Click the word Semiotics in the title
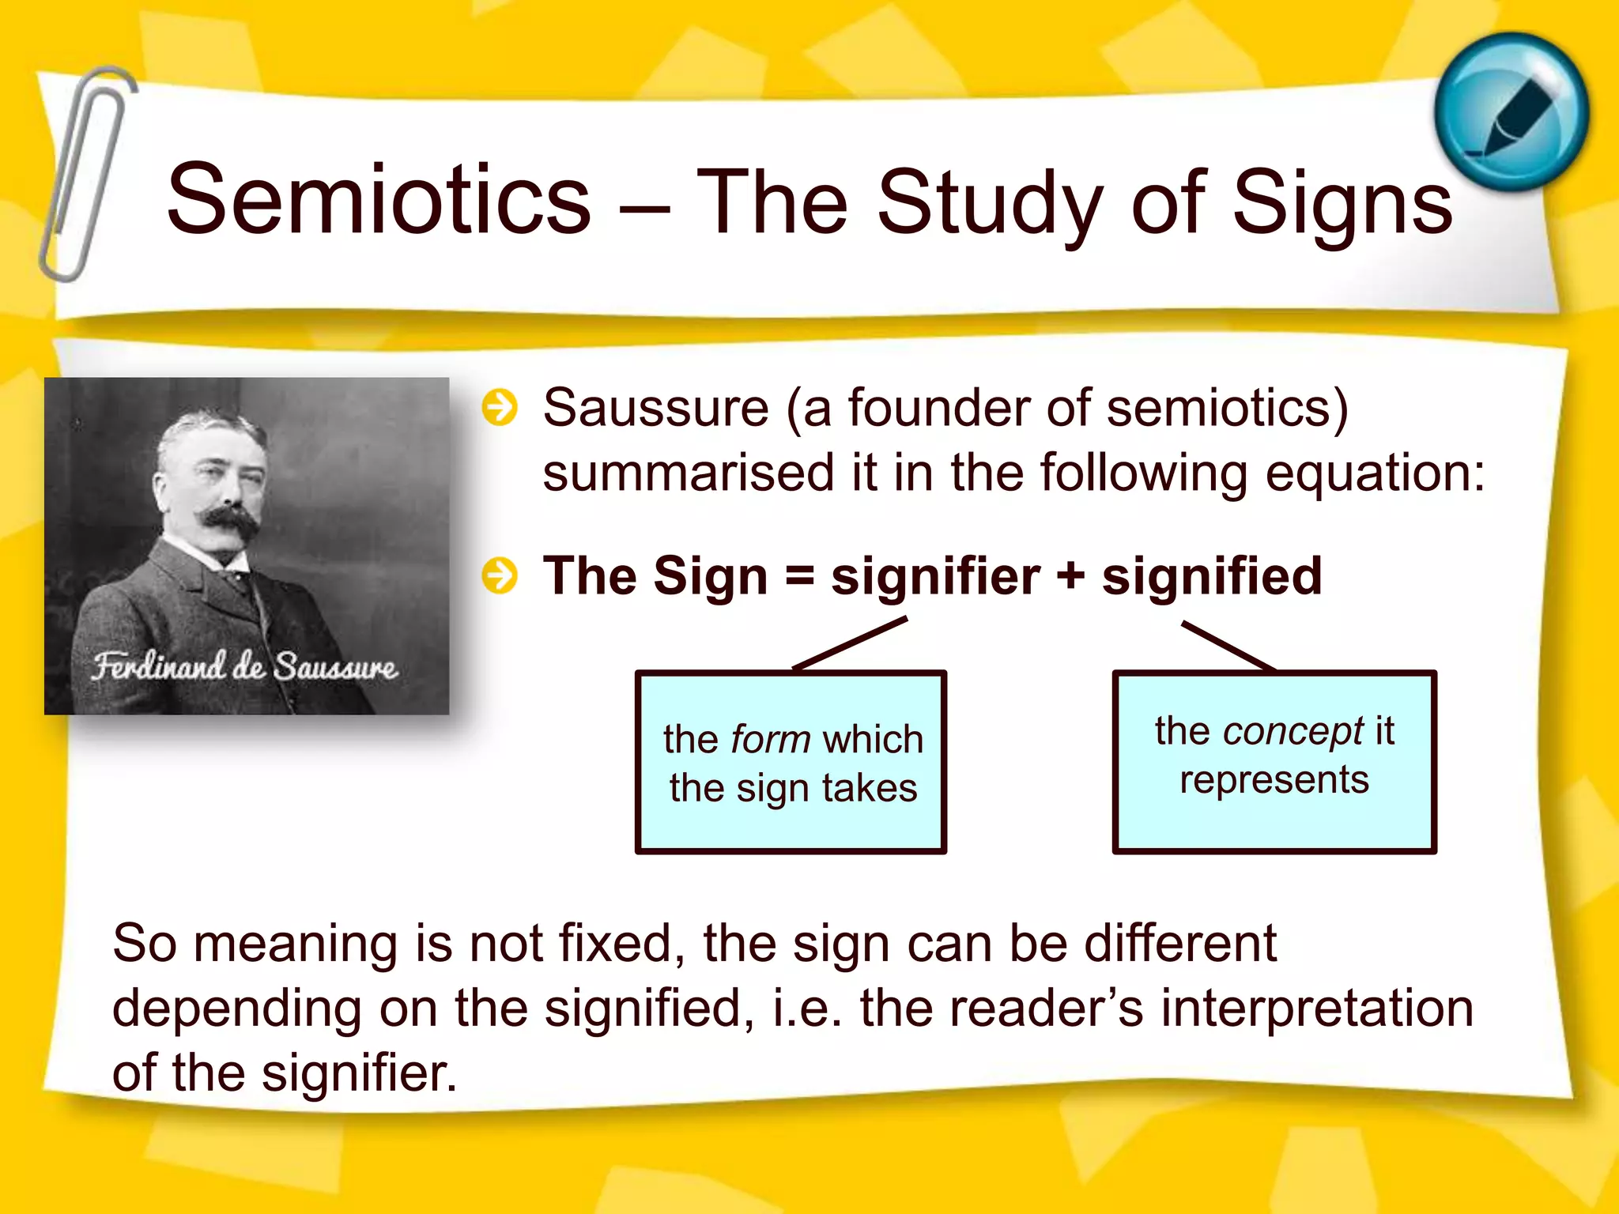click(x=379, y=199)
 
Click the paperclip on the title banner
click(x=85, y=174)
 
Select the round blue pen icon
click(x=1511, y=111)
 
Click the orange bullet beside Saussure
click(x=500, y=408)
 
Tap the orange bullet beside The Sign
click(x=500, y=575)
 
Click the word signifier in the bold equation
click(x=935, y=577)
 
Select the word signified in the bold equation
click(x=1211, y=575)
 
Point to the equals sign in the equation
click(x=799, y=577)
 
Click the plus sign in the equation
click(x=1070, y=577)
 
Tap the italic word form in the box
click(x=771, y=740)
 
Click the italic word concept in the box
click(x=1293, y=731)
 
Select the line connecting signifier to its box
click(x=850, y=643)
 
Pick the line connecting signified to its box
click(x=1228, y=646)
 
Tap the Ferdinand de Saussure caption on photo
click(x=244, y=666)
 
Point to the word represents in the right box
click(x=1274, y=780)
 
